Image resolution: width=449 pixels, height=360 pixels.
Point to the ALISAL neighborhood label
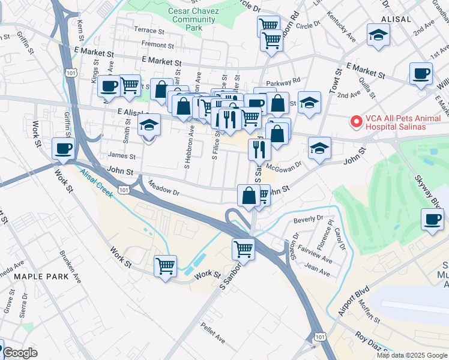[395, 19]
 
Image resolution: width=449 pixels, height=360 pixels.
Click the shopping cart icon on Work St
[165, 265]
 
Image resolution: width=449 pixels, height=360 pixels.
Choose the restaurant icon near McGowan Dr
[259, 149]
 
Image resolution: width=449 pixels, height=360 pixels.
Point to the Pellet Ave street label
[212, 333]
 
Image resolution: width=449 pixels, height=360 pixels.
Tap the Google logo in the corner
[19, 353]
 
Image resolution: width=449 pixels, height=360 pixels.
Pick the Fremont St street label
[157, 44]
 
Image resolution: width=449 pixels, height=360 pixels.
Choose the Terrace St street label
[149, 30]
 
